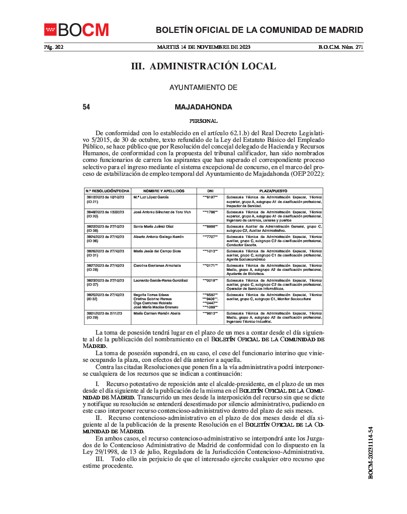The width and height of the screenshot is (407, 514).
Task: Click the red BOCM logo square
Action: point(50,30)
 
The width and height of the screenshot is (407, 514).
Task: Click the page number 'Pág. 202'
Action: point(53,48)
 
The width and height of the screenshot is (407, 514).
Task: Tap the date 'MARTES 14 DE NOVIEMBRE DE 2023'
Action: point(203,48)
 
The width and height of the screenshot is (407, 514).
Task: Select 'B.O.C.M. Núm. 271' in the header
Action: point(341,48)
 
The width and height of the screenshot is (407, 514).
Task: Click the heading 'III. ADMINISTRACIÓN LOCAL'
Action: point(203,66)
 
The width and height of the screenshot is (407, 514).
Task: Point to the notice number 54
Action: point(86,107)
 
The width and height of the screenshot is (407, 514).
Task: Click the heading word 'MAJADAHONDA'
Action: point(203,107)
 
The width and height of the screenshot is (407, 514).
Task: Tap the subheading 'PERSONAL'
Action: point(203,121)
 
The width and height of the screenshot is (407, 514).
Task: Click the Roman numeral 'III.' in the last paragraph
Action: point(101,459)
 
